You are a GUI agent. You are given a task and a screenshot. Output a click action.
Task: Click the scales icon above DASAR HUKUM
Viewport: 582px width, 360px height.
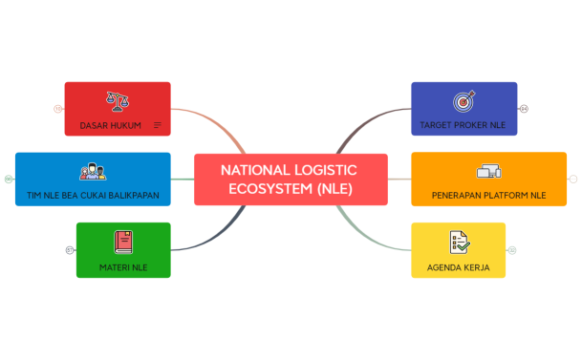coord(118,99)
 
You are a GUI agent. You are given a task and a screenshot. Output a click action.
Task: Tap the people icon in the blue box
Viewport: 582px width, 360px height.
coord(93,172)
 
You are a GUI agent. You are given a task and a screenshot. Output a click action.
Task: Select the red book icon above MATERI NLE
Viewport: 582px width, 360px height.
coord(122,242)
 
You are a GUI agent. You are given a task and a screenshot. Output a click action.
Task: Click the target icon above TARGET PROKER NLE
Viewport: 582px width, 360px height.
coord(463,100)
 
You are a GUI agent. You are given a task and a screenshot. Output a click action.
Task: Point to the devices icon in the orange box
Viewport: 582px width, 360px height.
coord(488,172)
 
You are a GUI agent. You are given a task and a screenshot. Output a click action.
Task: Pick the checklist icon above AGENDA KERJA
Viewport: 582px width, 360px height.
coord(459,242)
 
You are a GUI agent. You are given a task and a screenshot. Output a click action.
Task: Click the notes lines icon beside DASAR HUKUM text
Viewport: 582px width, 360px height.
coord(158,125)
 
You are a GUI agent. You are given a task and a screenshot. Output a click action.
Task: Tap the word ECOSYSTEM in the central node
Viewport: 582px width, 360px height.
coord(269,188)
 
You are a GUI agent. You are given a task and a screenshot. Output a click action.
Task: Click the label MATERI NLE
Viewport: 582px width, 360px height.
coord(122,267)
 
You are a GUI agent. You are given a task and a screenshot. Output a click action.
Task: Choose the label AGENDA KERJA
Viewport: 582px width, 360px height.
coord(459,267)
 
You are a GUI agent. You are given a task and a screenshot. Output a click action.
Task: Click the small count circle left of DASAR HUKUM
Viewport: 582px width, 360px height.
coord(57,109)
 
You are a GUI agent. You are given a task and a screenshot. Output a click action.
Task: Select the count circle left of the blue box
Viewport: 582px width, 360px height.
coord(9,179)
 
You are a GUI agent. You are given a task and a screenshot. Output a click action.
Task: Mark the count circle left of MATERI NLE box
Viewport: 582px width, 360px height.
coord(70,250)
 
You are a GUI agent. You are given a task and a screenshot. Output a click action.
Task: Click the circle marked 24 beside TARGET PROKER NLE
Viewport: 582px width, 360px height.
coord(524,109)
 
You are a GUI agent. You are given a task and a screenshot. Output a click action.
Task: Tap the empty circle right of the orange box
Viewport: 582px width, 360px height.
coord(573,179)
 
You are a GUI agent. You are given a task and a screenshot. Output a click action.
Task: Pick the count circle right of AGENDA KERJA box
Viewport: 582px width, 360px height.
coord(512,250)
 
